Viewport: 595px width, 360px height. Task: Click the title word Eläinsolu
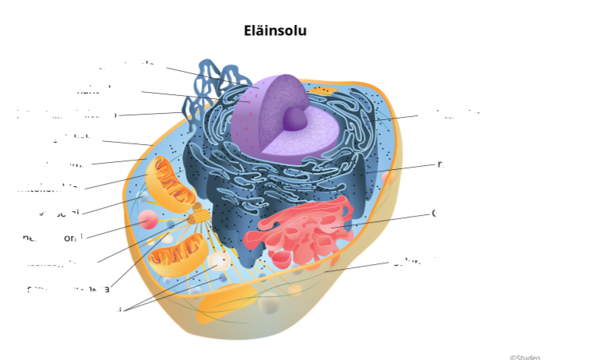click(275, 31)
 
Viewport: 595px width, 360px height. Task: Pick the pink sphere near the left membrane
click(148, 221)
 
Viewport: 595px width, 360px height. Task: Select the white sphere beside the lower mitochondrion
click(219, 262)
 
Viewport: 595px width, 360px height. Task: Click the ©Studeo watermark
click(524, 356)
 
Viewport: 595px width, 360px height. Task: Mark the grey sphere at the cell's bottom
click(269, 304)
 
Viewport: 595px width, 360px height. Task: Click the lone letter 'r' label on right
click(440, 164)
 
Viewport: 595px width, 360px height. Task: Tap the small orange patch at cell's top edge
click(324, 91)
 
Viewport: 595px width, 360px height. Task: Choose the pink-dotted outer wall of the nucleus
click(243, 125)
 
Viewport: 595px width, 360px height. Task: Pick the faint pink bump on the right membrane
click(387, 178)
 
